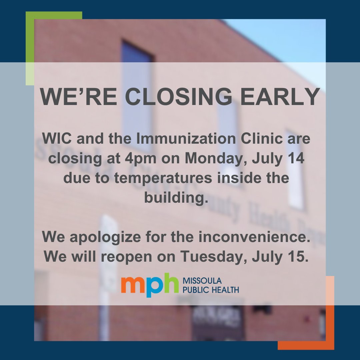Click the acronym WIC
click(x=54, y=139)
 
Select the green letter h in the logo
click(x=171, y=283)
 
